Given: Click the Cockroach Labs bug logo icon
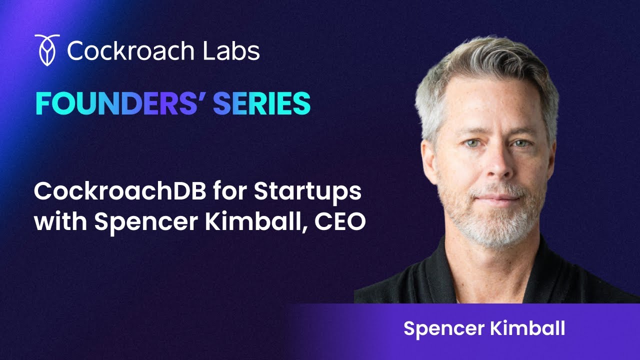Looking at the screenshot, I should tap(47, 50).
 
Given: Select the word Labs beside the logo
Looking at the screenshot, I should tap(235, 50).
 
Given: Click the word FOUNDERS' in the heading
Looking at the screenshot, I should tap(120, 103).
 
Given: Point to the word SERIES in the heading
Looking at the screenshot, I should tap(261, 103).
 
